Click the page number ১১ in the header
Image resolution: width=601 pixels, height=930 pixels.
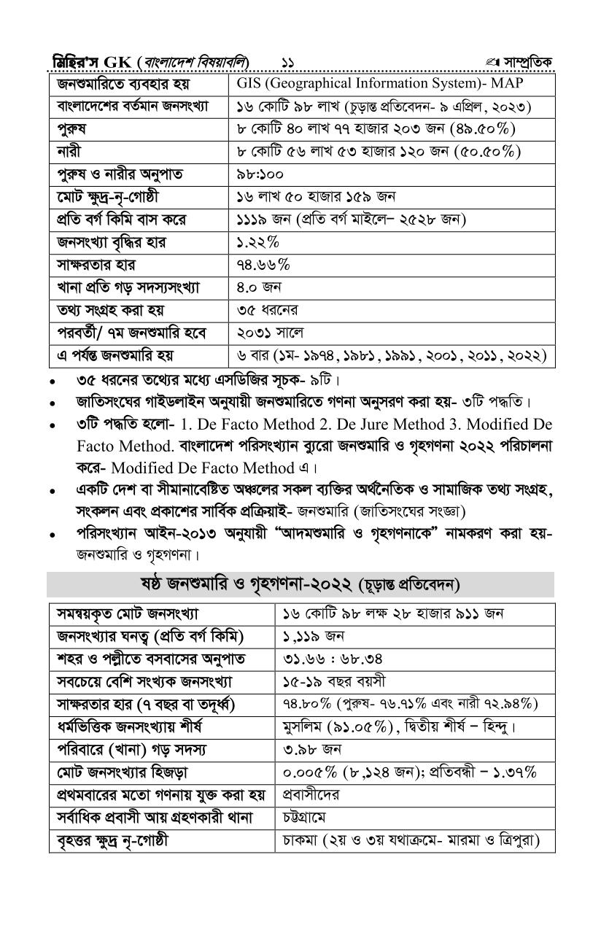[x=289, y=61]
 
